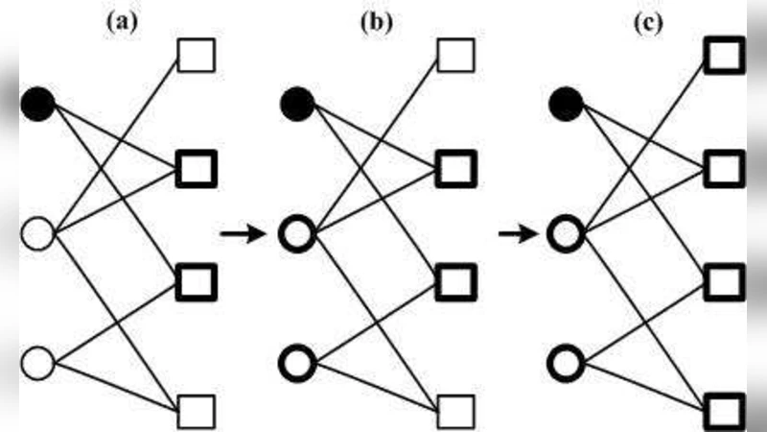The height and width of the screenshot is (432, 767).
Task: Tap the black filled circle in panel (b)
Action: click(298, 103)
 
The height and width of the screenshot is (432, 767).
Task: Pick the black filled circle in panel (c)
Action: click(566, 103)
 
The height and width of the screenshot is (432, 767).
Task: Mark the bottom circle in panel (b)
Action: click(298, 364)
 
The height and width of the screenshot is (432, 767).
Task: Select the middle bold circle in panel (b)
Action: click(298, 233)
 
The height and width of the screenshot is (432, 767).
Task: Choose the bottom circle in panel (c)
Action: click(566, 364)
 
